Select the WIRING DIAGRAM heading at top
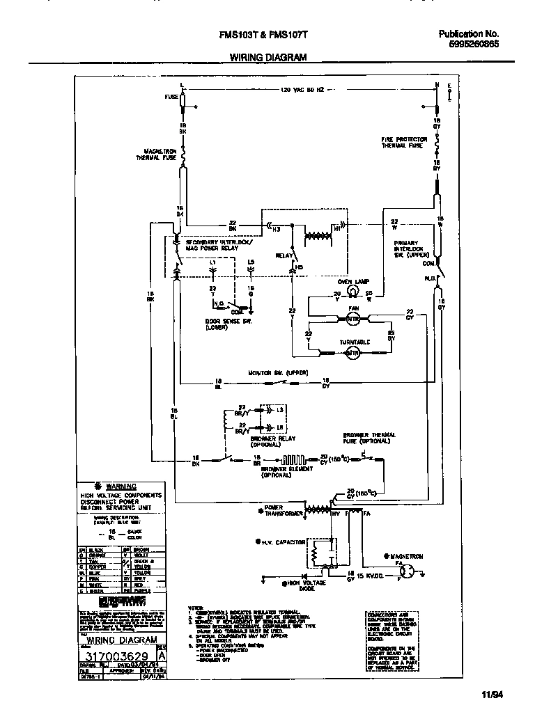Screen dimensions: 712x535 point(267,58)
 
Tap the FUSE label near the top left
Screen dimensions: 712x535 point(171,97)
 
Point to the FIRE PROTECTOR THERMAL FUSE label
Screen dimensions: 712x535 point(402,142)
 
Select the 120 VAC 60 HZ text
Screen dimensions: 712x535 point(304,90)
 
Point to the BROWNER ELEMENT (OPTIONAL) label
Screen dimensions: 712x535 point(281,473)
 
